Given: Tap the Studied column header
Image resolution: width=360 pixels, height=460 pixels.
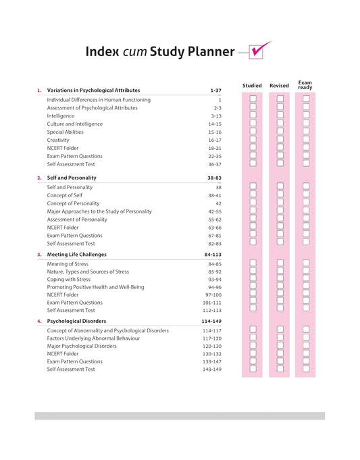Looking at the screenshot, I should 252,86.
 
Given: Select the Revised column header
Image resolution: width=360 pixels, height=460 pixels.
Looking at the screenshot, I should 279,86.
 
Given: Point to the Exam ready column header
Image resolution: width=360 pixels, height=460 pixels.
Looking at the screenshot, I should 305,85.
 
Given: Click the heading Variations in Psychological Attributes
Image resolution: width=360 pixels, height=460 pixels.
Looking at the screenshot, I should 93,90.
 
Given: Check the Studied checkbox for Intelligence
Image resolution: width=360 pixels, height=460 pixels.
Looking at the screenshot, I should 253,116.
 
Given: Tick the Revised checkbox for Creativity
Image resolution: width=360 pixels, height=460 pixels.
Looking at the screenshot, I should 280,140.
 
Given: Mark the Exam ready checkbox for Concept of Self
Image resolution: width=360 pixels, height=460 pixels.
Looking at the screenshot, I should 306,195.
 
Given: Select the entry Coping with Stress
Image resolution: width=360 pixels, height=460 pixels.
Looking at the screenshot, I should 68,280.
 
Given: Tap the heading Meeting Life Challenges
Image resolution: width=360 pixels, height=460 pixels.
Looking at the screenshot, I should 76,255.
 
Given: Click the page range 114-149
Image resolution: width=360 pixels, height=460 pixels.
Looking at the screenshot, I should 211,321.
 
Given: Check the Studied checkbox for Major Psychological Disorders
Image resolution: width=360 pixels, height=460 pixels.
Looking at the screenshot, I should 253,346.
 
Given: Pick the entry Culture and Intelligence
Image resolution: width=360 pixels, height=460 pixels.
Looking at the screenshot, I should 74,124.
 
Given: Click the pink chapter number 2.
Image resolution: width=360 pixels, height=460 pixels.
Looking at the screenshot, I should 39,178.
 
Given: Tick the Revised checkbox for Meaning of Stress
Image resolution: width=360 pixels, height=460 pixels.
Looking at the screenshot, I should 280,263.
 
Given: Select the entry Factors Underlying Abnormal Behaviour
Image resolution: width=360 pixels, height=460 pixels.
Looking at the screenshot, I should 93,338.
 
